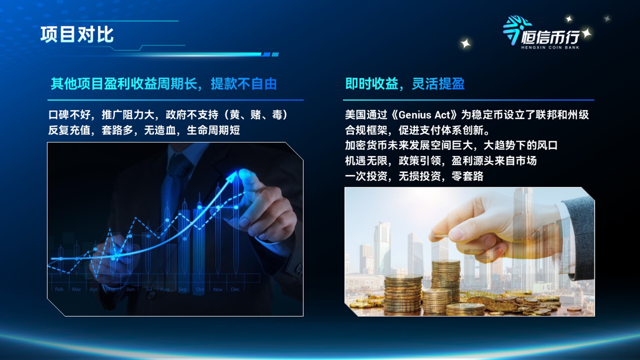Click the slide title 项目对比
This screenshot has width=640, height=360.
point(77,34)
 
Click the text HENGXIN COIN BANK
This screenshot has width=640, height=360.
point(550,48)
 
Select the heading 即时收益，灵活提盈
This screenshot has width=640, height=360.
point(405,84)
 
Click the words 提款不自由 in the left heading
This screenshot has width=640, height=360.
point(244,84)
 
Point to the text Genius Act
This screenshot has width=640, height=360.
point(424,115)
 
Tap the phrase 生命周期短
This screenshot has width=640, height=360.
point(213,130)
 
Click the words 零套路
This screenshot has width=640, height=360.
point(468,176)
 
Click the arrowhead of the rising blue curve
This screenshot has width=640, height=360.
point(232,174)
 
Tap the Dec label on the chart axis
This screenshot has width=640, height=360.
point(235,289)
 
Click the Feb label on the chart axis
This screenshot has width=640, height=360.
point(59,289)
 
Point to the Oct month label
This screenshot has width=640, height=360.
point(200,289)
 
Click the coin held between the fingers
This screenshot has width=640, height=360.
point(440,237)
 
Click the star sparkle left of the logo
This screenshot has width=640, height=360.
point(466,44)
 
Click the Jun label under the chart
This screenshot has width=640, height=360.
point(130,289)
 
